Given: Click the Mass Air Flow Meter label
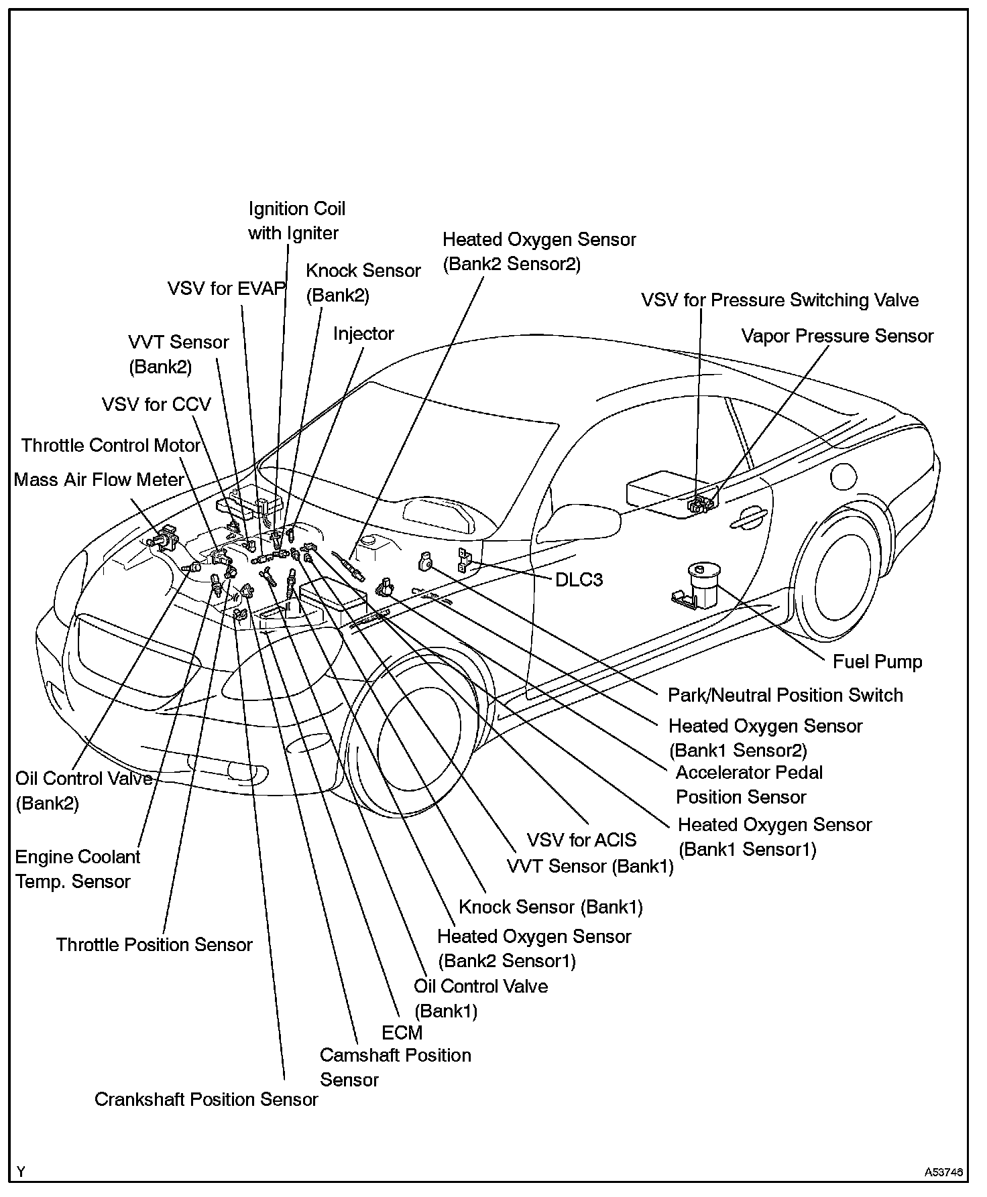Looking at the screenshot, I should click(99, 480).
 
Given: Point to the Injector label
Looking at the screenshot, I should click(363, 334).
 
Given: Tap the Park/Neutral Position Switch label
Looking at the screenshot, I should click(785, 695).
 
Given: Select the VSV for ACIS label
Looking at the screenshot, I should click(581, 840).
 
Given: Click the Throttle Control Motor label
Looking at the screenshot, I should click(111, 446).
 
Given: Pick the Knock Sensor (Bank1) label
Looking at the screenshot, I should click(550, 907).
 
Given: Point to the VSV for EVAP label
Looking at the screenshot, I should click(226, 289).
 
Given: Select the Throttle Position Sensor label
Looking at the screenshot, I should click(154, 945).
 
